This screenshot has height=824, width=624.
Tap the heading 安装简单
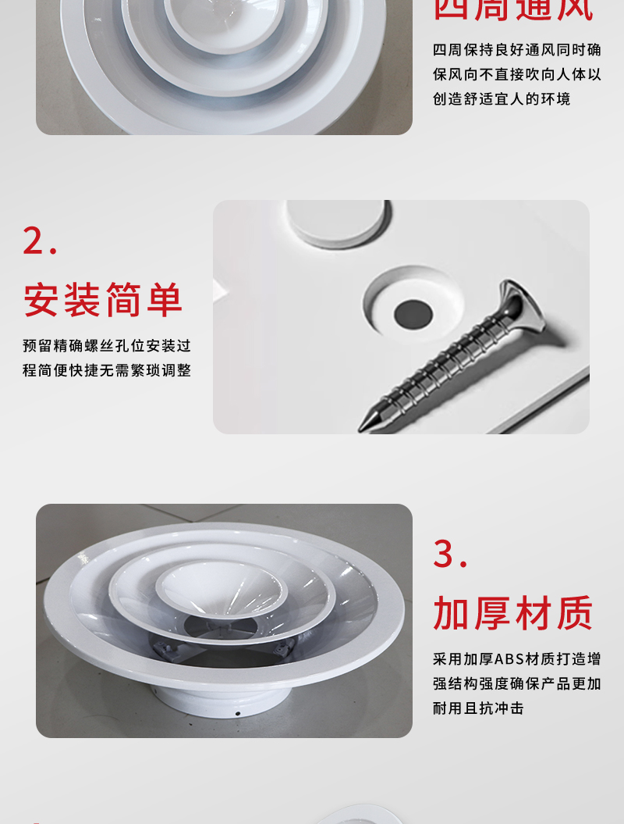coord(103,301)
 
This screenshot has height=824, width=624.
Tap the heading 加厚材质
coord(513,613)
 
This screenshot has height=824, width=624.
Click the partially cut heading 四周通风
coord(513,9)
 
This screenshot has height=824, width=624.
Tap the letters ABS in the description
coord(509,658)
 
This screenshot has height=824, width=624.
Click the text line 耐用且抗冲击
coord(478,708)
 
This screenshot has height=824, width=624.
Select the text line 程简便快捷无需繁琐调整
coord(107,370)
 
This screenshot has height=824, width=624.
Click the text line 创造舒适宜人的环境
coord(502,99)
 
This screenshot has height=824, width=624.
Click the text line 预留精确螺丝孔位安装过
coord(107,345)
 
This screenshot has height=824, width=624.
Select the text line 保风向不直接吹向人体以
coord(517,74)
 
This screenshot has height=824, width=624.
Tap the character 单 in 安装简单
coord(164,301)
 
